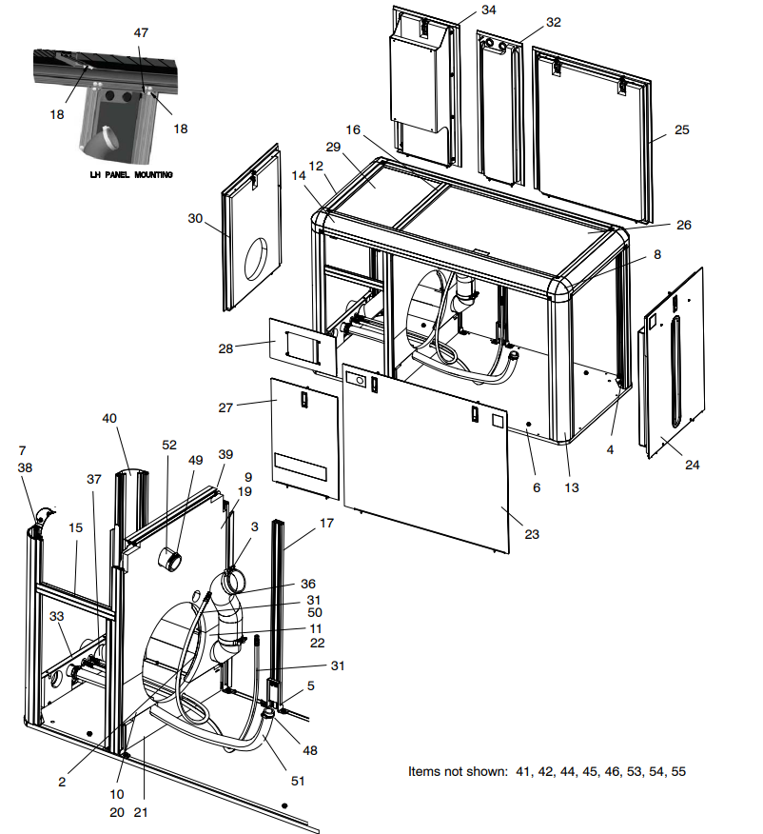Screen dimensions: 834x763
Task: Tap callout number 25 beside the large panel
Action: point(681,129)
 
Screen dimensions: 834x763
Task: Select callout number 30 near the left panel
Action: point(196,218)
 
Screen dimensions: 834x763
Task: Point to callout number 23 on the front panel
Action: point(532,534)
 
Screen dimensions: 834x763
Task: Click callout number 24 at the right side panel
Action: point(692,466)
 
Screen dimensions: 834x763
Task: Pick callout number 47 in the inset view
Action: point(141,32)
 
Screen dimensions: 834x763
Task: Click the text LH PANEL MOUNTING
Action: point(124,175)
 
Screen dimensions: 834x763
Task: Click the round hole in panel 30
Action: point(257,260)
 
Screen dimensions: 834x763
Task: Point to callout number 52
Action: point(169,445)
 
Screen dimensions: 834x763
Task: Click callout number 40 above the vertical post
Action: point(109,418)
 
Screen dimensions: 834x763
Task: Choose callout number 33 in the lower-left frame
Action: point(57,616)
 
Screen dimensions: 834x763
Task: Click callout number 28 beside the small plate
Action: point(225,348)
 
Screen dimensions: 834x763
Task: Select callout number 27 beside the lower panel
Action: point(225,407)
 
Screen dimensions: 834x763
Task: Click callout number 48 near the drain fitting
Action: point(310,750)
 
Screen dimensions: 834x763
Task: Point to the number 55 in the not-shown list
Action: point(677,771)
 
